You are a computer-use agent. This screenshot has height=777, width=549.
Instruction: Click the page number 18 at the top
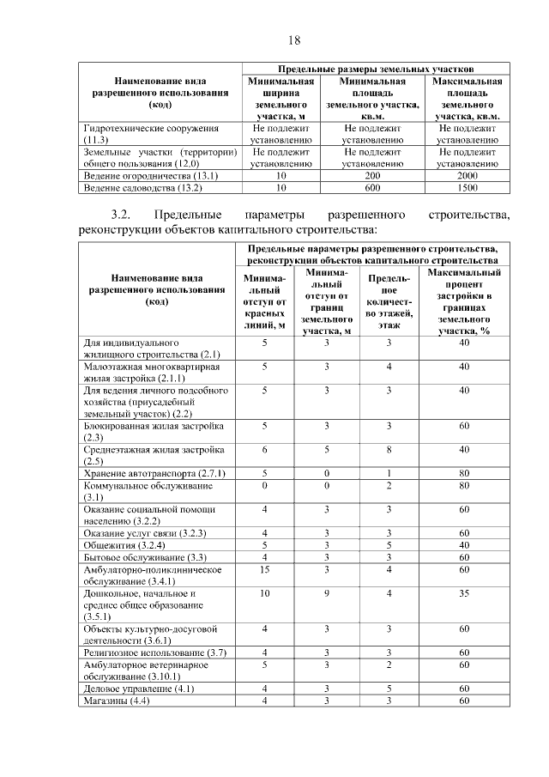(293, 40)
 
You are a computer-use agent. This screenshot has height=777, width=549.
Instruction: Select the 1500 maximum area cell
(468, 187)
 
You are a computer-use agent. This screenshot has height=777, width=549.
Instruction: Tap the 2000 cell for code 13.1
(468, 175)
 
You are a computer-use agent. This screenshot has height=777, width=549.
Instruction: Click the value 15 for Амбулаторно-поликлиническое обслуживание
(265, 569)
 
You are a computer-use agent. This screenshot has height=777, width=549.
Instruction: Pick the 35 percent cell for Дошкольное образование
(464, 593)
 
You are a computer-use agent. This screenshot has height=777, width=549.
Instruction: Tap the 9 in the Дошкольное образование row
(327, 593)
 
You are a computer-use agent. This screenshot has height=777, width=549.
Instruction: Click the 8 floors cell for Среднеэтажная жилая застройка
(389, 449)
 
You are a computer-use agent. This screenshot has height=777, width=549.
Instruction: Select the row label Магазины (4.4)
(117, 701)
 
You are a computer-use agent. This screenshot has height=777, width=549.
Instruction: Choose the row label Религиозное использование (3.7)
(154, 653)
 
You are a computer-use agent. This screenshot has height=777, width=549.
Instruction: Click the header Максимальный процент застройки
(464, 301)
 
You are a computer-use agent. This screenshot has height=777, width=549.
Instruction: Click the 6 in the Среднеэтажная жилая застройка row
(265, 449)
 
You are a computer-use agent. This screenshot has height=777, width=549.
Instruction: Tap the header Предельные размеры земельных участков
(376, 67)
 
